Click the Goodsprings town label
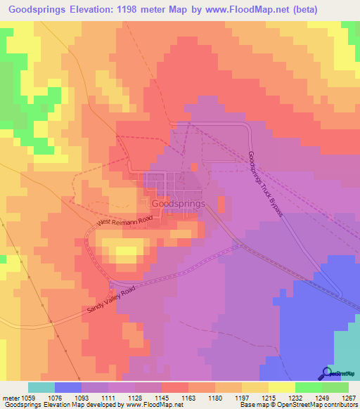point(179,203)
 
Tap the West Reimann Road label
point(124,221)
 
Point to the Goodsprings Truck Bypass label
point(265,183)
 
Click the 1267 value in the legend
point(349,397)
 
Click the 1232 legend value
point(296,397)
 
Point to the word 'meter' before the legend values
point(10,397)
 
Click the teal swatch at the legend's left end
point(41,387)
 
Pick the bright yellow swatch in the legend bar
point(281,387)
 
